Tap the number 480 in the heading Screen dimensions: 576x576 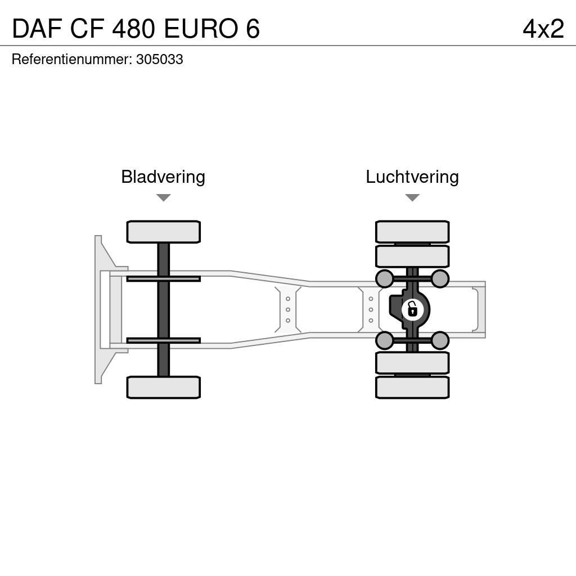pyautogui.click(x=134, y=29)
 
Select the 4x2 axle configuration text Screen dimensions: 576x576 pyautogui.click(x=543, y=29)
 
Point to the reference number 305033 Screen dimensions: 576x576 pyautogui.click(x=160, y=60)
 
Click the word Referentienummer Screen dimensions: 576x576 pyautogui.click(x=71, y=60)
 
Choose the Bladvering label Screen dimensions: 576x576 pyautogui.click(x=163, y=177)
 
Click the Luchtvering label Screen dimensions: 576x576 pyautogui.click(x=412, y=177)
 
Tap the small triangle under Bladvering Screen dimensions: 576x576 pyautogui.click(x=164, y=198)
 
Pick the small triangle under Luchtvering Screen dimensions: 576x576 pyautogui.click(x=412, y=198)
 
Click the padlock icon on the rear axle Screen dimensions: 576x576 pyautogui.click(x=412, y=309)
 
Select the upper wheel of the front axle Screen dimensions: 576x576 pyautogui.click(x=164, y=232)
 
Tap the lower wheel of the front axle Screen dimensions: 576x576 pyautogui.click(x=164, y=388)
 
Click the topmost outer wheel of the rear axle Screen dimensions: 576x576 pyautogui.click(x=412, y=232)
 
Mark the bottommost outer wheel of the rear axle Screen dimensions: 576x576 pyautogui.click(x=412, y=388)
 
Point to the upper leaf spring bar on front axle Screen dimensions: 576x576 pyautogui.click(x=164, y=278)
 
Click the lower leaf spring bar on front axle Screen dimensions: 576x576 pyautogui.click(x=164, y=340)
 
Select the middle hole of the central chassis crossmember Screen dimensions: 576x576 pyautogui.click(x=288, y=309)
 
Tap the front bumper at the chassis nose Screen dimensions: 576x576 pyautogui.click(x=99, y=309)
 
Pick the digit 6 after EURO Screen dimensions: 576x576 pyautogui.click(x=253, y=29)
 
